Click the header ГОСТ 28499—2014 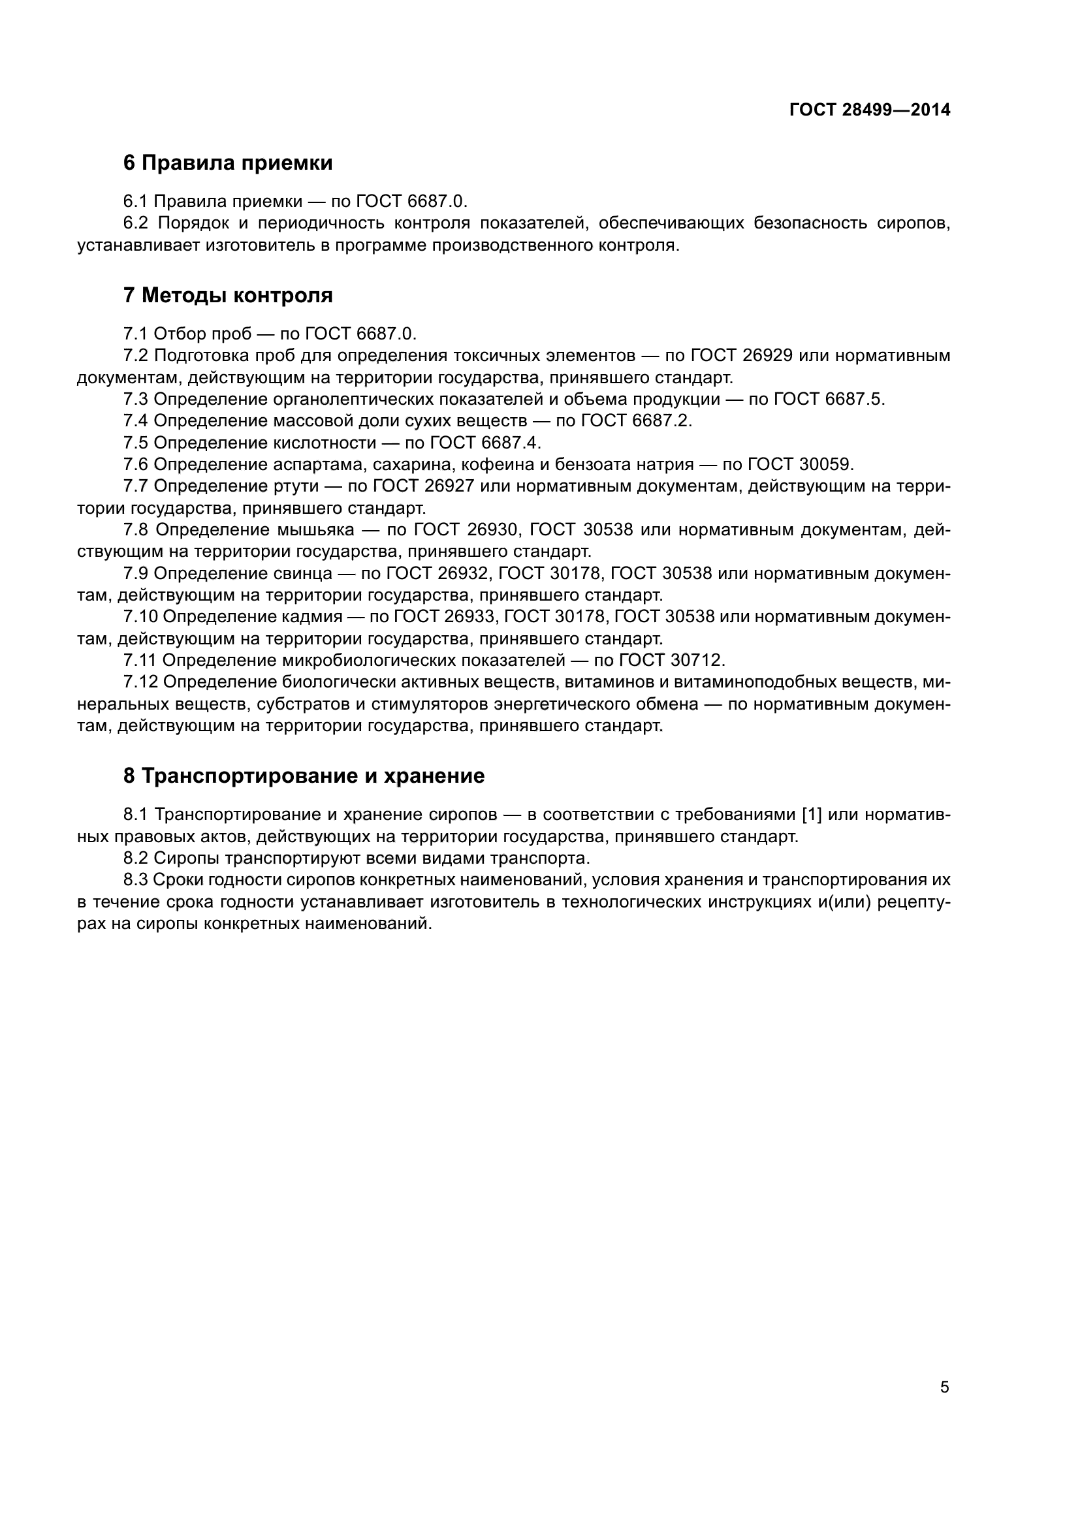(x=869, y=110)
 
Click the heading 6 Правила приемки (x=227, y=163)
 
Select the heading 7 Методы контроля (x=227, y=295)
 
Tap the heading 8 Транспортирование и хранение (x=303, y=776)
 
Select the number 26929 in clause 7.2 (x=767, y=355)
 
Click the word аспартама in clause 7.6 (x=320, y=464)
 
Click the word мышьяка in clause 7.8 (x=313, y=530)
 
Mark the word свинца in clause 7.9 (x=302, y=573)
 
